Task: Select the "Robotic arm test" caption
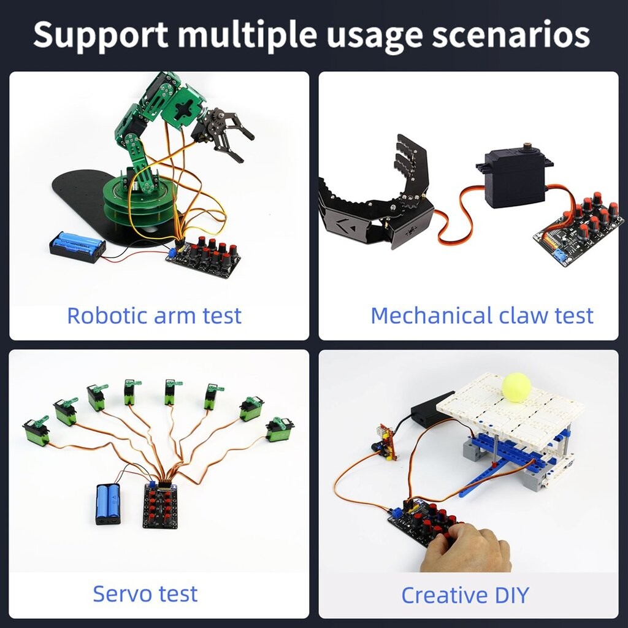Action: click(x=154, y=316)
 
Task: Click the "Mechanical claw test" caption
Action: click(x=482, y=316)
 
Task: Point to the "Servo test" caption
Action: click(x=145, y=594)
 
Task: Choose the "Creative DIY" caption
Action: click(x=465, y=595)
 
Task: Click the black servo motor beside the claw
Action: click(x=514, y=178)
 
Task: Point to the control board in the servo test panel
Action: click(x=160, y=505)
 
